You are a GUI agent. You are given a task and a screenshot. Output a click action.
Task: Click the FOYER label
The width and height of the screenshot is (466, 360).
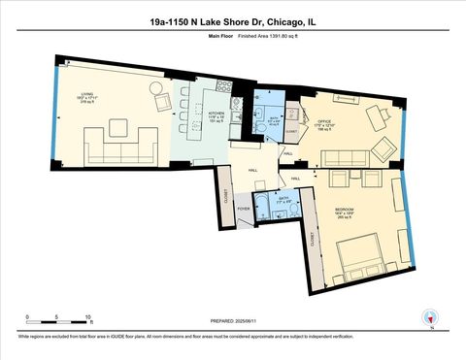[x=244, y=208]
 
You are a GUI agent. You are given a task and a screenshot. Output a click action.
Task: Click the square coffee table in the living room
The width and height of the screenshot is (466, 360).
[x=117, y=125]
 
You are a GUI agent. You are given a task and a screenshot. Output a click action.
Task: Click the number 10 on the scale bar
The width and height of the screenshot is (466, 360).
[x=88, y=317]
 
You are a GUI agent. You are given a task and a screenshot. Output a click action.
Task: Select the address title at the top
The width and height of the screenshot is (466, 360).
[x=232, y=18]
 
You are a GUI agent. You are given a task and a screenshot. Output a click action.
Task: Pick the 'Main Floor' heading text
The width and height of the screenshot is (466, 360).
[x=222, y=36]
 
